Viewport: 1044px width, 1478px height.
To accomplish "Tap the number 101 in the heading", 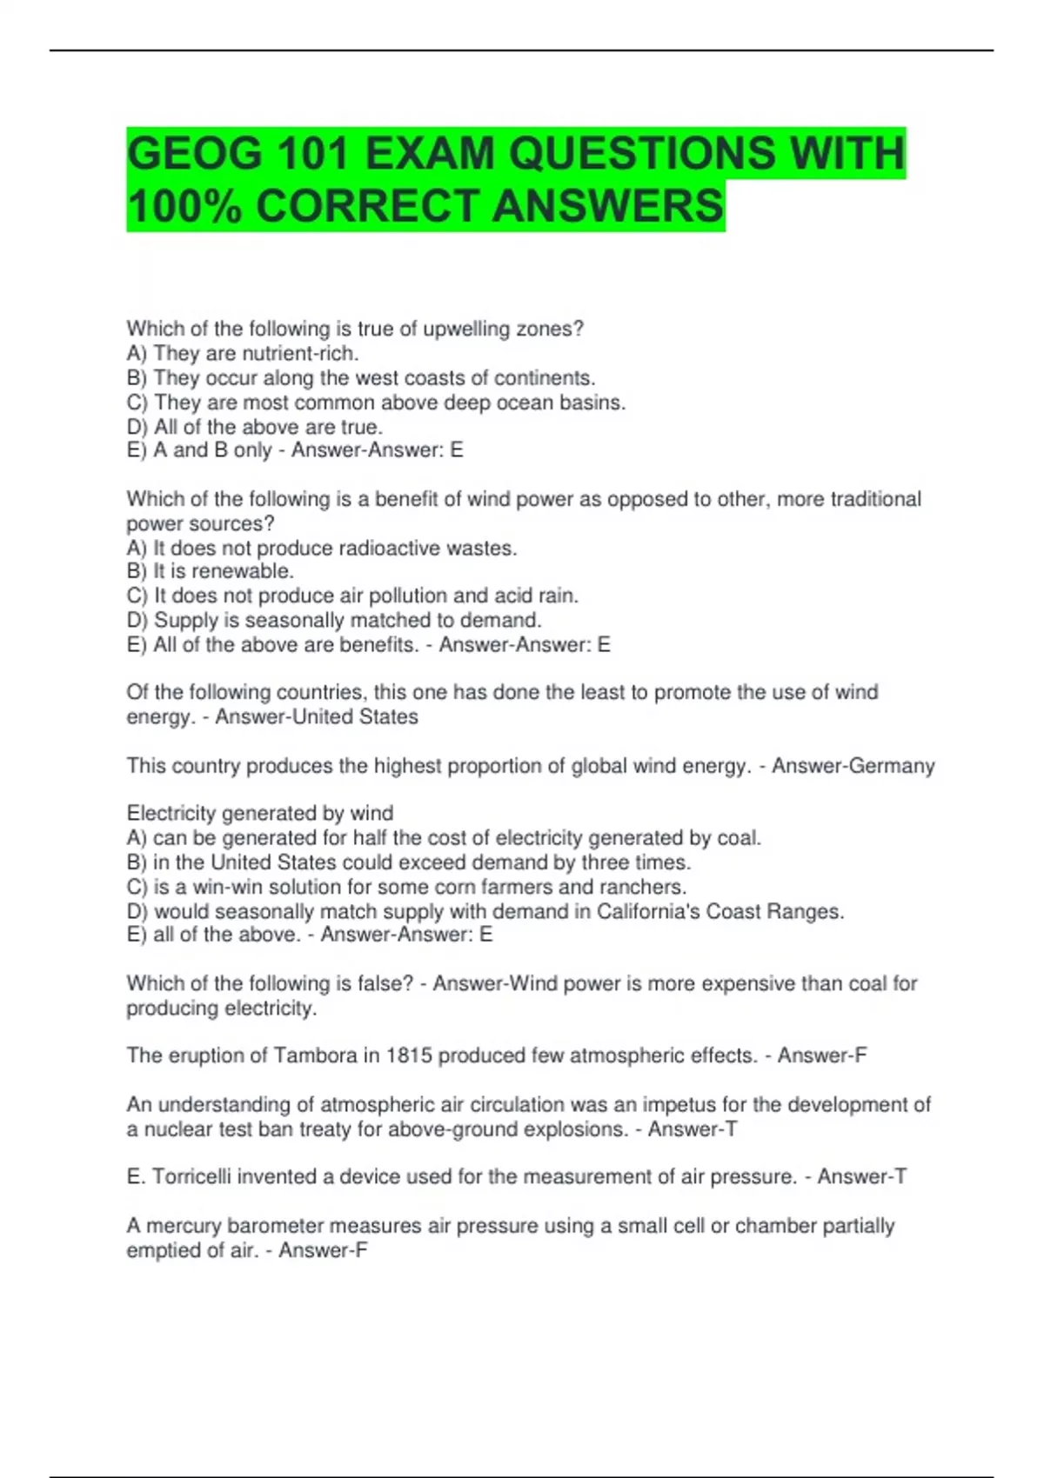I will (313, 154).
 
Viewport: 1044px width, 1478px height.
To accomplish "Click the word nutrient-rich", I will (300, 354).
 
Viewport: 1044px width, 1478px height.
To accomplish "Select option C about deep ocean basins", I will (376, 403).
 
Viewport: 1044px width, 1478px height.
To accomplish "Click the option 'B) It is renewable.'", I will (211, 571).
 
